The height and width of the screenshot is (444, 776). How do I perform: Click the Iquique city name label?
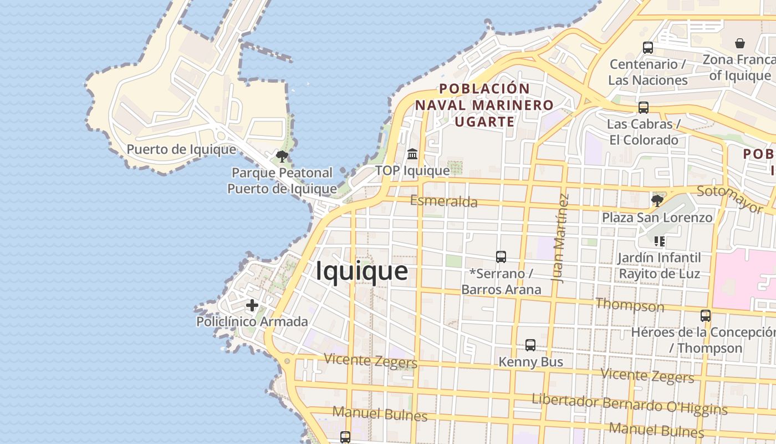(362, 271)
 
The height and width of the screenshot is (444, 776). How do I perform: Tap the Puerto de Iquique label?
(181, 149)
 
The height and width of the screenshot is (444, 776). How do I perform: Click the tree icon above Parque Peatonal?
(282, 156)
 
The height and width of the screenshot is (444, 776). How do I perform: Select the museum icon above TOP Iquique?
(412, 154)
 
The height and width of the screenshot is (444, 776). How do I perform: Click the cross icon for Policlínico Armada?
(252, 305)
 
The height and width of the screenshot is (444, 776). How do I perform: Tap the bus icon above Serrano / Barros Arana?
(501, 257)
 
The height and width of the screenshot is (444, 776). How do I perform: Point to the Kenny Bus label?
(530, 362)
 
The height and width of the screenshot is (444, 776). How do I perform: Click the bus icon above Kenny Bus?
(530, 345)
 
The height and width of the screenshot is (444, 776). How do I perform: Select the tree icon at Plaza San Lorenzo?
(657, 200)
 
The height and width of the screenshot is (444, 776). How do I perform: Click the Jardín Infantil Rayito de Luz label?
(659, 265)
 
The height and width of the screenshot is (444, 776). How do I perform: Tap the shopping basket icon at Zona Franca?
(739, 43)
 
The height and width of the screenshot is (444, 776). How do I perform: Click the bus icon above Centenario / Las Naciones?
(647, 48)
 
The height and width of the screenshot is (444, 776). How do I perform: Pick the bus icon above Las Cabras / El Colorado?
(643, 107)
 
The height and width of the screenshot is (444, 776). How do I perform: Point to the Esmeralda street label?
(443, 201)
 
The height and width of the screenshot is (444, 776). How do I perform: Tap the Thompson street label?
(629, 305)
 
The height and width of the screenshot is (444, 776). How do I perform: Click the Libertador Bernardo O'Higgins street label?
(629, 405)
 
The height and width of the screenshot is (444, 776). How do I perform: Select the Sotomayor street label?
(729, 199)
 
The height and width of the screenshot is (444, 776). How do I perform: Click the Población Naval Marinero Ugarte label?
(484, 105)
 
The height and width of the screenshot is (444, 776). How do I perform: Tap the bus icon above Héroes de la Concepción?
(705, 315)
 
